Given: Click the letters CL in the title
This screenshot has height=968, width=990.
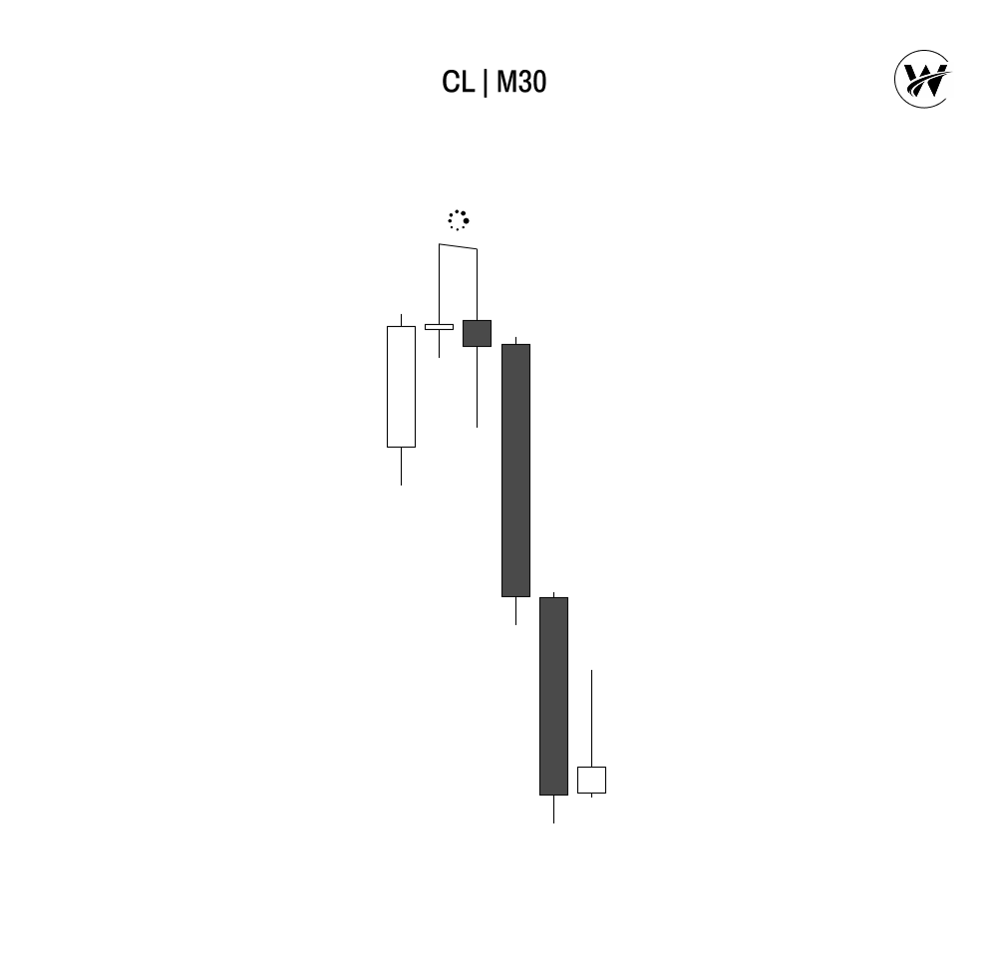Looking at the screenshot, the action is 458,82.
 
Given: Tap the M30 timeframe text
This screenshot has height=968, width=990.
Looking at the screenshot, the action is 521,82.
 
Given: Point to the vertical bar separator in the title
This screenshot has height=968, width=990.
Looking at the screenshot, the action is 486,83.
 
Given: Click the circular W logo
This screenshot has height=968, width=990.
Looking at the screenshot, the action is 923,79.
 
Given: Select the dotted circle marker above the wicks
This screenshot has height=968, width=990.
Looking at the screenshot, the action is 459,219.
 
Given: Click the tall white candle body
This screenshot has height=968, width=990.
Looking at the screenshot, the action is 401,387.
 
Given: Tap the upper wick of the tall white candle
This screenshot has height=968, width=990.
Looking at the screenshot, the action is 401,320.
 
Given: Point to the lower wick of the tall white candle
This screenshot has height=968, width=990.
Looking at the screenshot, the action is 401,466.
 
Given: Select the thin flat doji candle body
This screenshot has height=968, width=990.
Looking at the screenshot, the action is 439,327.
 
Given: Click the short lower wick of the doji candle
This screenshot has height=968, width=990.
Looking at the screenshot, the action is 439,344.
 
